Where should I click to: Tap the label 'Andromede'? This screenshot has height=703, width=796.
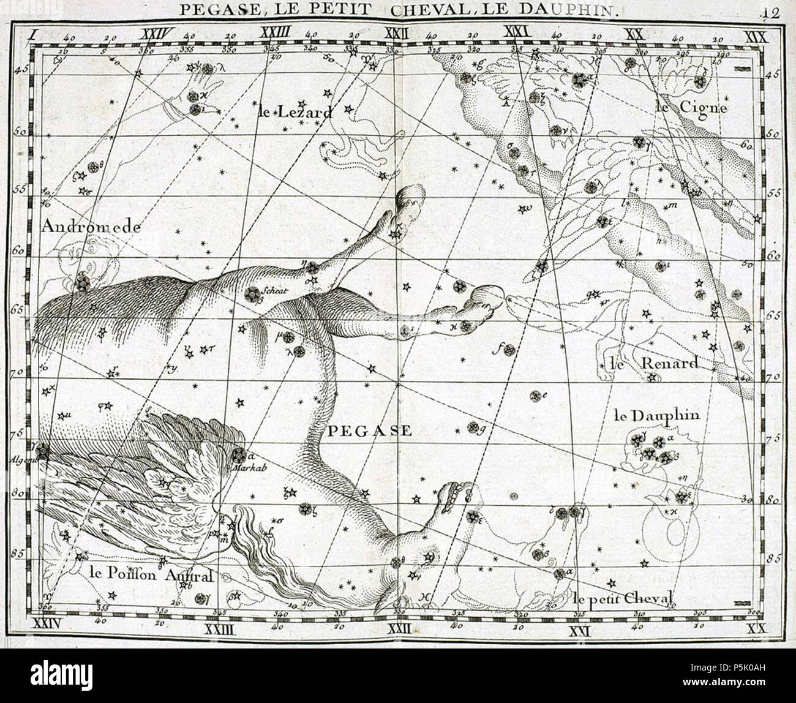tap(91, 227)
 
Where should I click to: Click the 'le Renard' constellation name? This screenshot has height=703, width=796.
tap(653, 363)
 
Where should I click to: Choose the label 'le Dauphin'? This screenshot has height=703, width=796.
tap(655, 415)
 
